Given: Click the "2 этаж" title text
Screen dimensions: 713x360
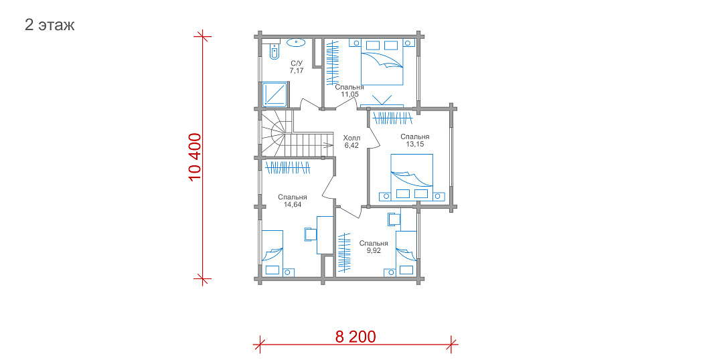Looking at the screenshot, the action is tap(50, 25).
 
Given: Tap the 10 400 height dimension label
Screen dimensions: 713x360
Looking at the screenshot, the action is tap(194, 157).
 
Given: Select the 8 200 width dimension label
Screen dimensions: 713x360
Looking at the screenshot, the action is tap(355, 337).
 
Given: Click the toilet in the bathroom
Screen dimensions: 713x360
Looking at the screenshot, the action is tap(274, 52).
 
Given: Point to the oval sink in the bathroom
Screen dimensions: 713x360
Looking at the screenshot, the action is tap(295, 43).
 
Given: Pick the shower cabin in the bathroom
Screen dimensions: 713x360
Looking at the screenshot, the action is tap(274, 94).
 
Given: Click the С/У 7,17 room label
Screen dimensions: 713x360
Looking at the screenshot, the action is tap(297, 67).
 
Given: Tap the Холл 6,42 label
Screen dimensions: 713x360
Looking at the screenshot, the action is tap(351, 141).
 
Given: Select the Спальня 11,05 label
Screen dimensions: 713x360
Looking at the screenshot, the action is tap(349, 90).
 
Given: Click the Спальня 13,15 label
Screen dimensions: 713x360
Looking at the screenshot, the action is tap(414, 140).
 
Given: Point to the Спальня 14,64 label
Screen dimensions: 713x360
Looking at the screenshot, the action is tap(293, 201).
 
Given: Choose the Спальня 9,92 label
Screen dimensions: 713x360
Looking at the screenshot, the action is tap(374, 247).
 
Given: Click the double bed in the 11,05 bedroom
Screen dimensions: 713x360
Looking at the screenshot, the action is tap(382, 62).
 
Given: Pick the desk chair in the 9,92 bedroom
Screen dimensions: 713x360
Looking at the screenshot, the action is tap(394, 219).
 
